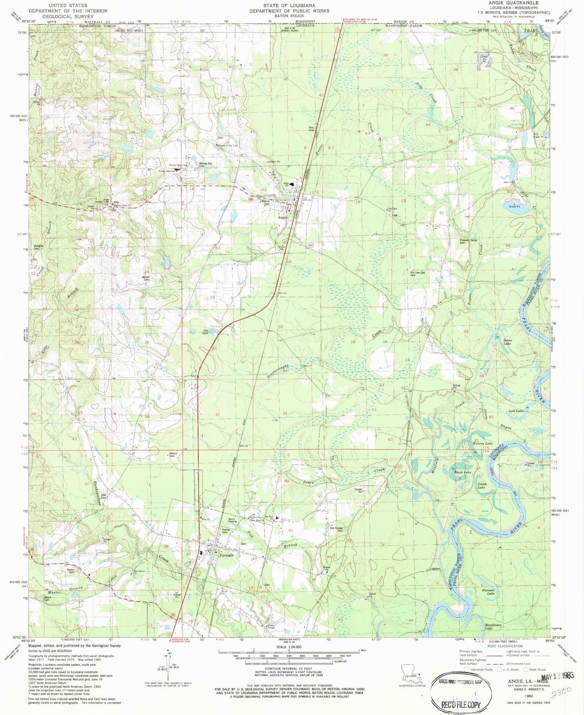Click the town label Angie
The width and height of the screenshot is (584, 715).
click(x=283, y=218)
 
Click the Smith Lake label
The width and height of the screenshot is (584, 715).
click(x=482, y=485)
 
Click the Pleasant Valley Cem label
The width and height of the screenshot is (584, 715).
click(x=468, y=241)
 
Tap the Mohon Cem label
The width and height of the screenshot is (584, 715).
click(x=173, y=454)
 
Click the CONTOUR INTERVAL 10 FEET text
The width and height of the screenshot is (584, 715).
click(x=289, y=669)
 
